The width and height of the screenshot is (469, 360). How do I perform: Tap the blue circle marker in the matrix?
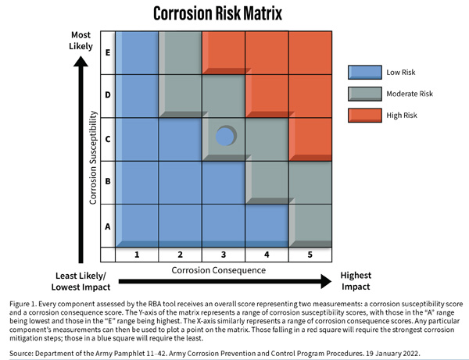pos(225,137)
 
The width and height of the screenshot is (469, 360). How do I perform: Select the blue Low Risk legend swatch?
pos(363,73)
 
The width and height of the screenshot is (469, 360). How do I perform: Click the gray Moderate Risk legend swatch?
pos(363,94)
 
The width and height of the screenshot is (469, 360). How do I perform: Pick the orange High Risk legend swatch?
pos(363,115)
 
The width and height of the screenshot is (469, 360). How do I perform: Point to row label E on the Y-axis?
pos(108,53)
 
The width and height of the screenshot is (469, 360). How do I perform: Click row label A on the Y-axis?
pos(108,224)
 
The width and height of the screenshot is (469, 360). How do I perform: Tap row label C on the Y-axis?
pos(108,139)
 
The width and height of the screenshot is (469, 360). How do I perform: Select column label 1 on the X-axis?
pos(137,254)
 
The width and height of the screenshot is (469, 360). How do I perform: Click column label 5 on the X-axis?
pos(310,254)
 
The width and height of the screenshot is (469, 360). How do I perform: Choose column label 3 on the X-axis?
pos(224,254)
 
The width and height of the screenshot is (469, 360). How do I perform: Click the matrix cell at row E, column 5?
pos(310,53)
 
